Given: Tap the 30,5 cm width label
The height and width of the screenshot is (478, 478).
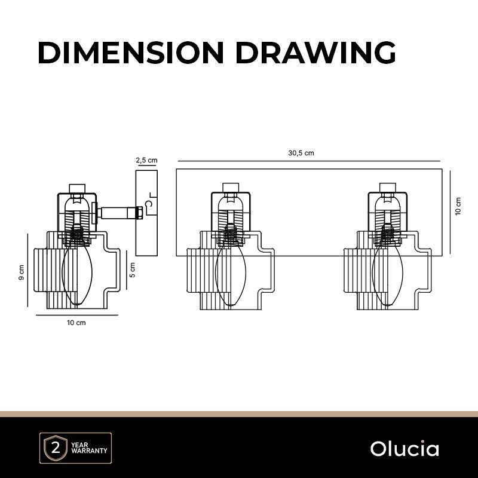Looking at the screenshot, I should click(x=301, y=153).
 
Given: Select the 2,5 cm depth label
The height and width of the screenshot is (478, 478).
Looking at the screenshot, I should click(x=146, y=160).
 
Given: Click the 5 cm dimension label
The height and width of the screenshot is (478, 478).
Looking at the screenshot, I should click(x=133, y=269).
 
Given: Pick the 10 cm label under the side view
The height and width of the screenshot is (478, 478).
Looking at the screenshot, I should click(x=76, y=323).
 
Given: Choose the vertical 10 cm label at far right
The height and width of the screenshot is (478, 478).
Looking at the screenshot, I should click(x=458, y=206).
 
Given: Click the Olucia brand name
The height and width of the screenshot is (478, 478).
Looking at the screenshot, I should click(x=405, y=449).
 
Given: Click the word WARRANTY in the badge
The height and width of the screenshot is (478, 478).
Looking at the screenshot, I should click(x=88, y=451).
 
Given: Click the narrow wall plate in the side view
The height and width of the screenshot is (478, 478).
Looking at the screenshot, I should click(x=146, y=212).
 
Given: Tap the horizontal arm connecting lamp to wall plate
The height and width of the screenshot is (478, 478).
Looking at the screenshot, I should click(x=119, y=212).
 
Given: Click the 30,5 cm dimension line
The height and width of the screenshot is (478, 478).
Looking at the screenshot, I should click(x=309, y=161).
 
